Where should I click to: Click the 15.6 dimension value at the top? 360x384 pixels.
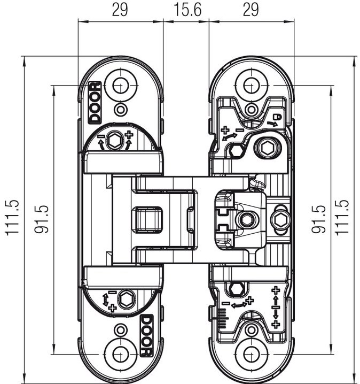pyautogui.click(x=187, y=10)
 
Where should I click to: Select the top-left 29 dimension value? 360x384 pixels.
pyautogui.click(x=120, y=10)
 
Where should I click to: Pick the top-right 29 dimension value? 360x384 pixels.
pyautogui.click(x=251, y=10)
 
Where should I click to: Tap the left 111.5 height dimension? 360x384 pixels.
pyautogui.click(x=12, y=218)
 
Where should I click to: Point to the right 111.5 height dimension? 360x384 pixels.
pyautogui.click(x=342, y=218)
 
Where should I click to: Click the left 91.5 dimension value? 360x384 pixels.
pyautogui.click(x=42, y=219)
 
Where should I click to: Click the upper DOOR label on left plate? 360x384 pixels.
pyautogui.click(x=95, y=102)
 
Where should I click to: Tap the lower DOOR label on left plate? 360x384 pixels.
pyautogui.click(x=147, y=336)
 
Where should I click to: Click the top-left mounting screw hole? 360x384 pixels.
pyautogui.click(x=120, y=86)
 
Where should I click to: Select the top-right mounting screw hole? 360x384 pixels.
pyautogui.click(x=252, y=86)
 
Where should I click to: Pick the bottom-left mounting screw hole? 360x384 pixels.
pyautogui.click(x=120, y=354)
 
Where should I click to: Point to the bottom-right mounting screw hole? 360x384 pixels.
pyautogui.click(x=252, y=354)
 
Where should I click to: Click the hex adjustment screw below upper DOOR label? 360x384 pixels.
pyautogui.click(x=114, y=141)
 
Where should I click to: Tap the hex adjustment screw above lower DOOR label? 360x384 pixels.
pyautogui.click(x=126, y=298)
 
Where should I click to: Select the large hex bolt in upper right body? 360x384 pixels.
pyautogui.click(x=268, y=148)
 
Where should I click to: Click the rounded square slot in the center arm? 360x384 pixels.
pyautogui.click(x=147, y=219)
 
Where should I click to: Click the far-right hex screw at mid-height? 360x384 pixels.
pyautogui.click(x=280, y=219)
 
